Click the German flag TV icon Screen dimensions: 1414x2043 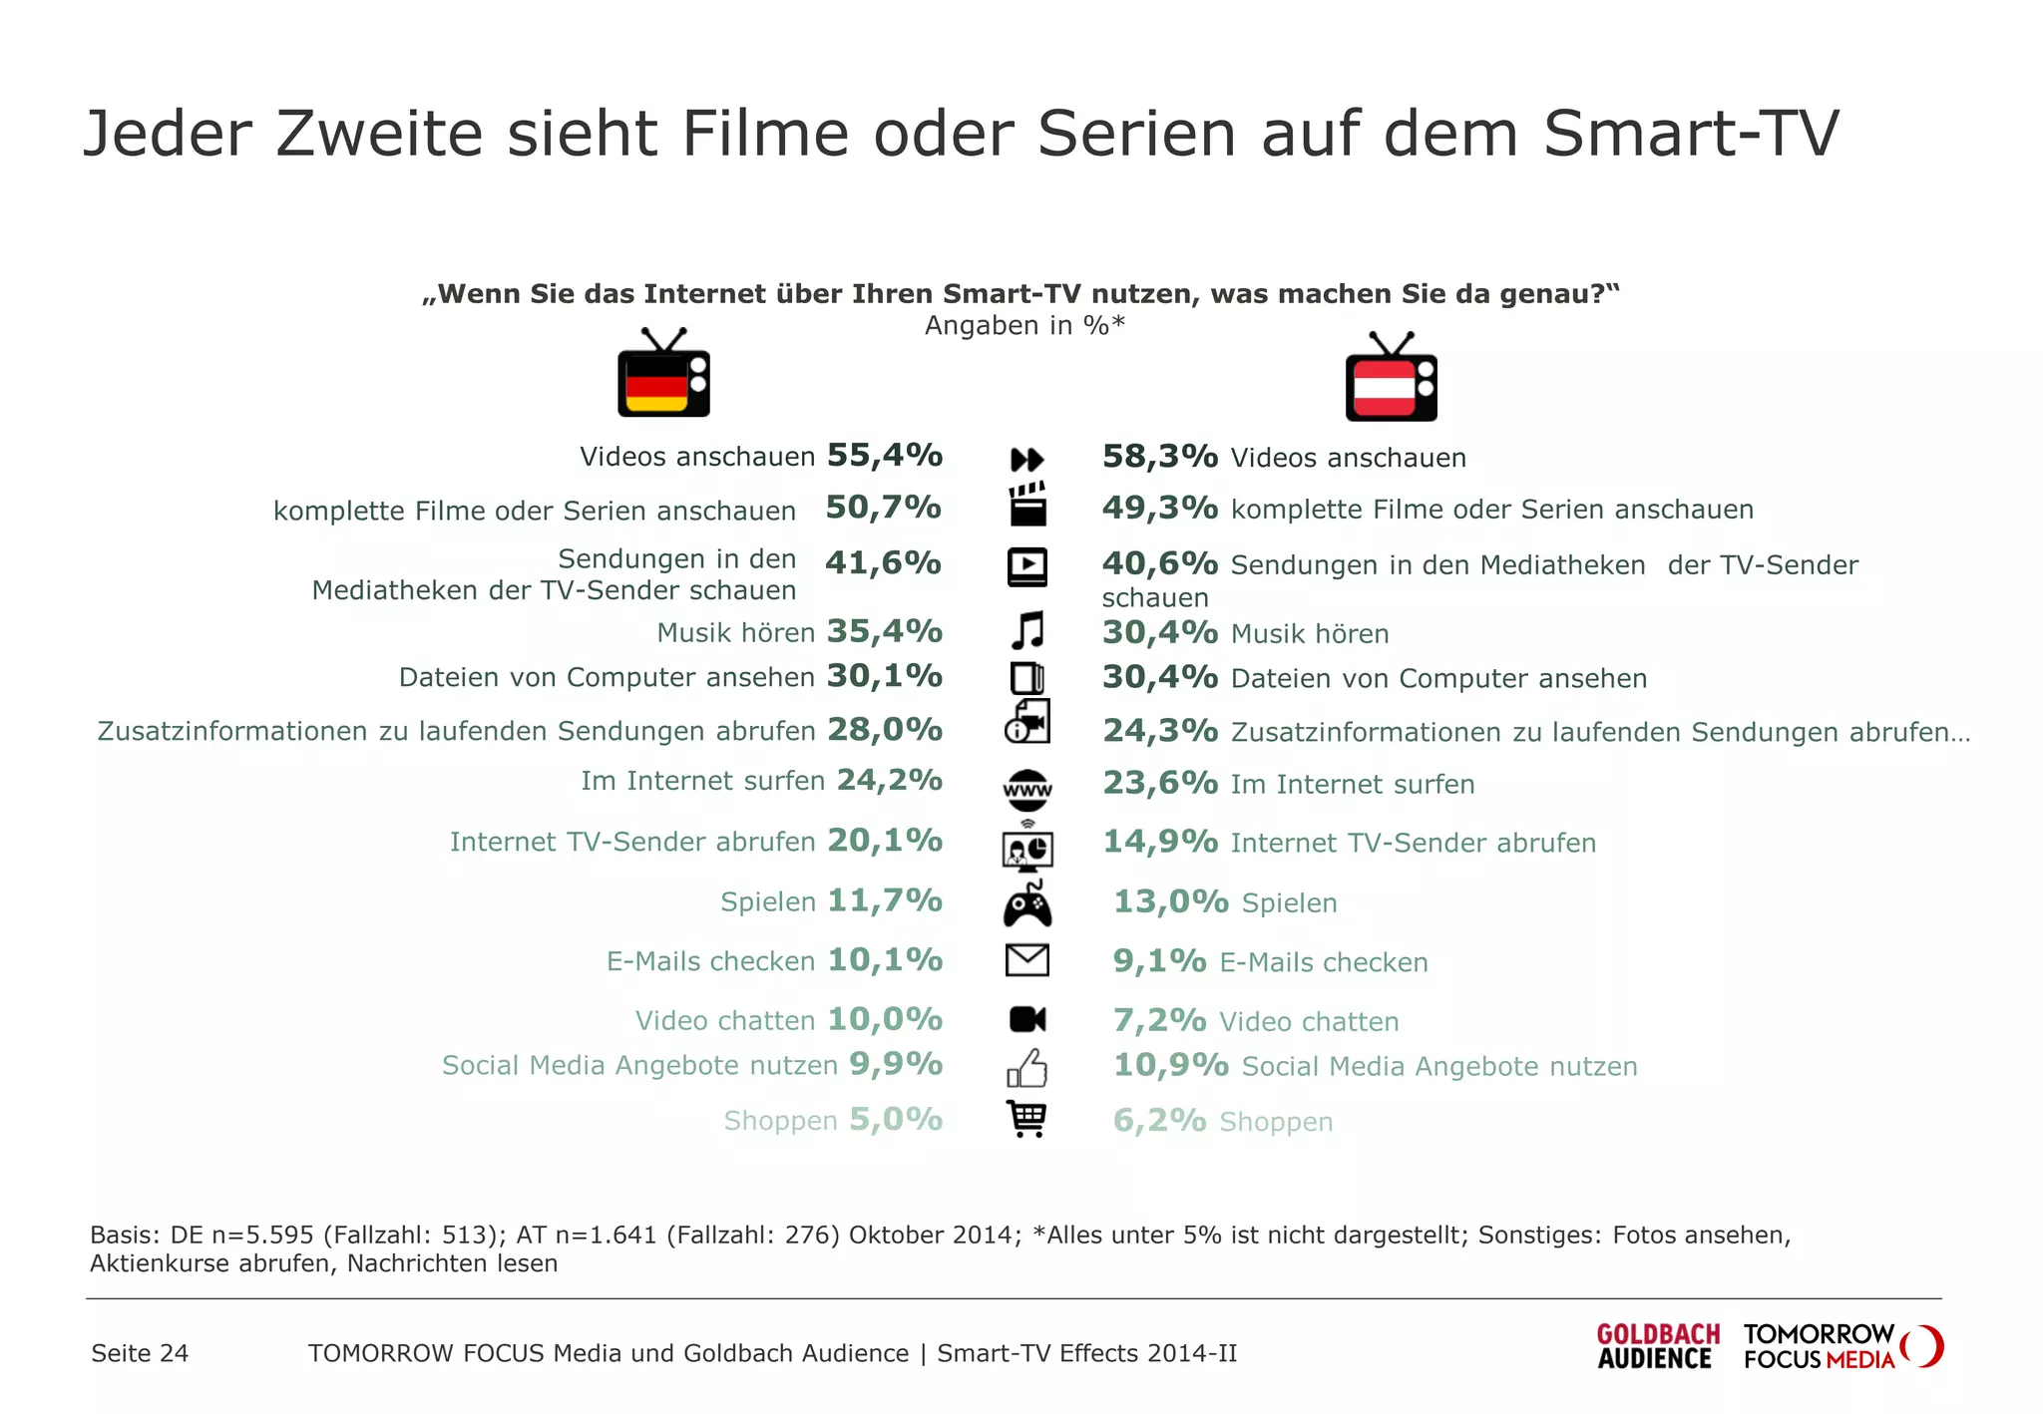coord(663,374)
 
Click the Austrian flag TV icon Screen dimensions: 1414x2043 coord(1391,379)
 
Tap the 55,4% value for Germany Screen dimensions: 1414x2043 coord(884,456)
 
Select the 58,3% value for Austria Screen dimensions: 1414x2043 coord(1159,457)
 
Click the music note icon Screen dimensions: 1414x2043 coord(1027,631)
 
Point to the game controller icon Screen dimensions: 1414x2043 coord(1027,905)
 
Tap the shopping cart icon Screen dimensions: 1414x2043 coord(1027,1119)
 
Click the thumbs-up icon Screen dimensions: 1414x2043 coord(1027,1068)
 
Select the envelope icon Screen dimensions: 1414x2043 coord(1027,960)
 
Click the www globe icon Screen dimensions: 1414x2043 coord(1027,790)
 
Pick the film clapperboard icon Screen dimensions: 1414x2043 coord(1027,505)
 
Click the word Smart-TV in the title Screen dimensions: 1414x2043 coord(1690,134)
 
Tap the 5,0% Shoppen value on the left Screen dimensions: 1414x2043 coord(895,1120)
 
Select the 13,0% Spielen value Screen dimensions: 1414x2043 coord(1170,901)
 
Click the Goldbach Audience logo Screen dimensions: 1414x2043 coord(1658,1347)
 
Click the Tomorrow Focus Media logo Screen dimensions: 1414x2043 coord(1841,1347)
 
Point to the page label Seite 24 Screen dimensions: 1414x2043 coord(140,1353)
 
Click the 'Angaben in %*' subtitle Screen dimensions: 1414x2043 coord(1024,326)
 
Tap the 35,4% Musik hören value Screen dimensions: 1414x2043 coord(884,631)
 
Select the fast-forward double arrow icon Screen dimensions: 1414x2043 coord(1027,460)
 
